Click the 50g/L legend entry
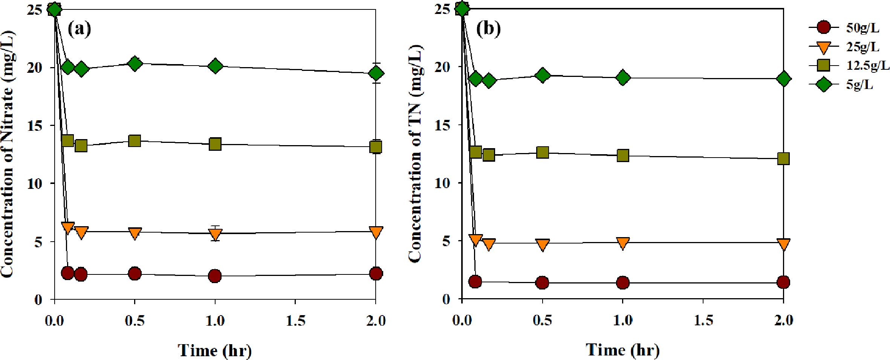coord(848,28)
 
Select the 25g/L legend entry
coord(848,47)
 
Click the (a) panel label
coord(79,29)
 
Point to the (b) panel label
coord(488,29)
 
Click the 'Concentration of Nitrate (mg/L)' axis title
coord(8,155)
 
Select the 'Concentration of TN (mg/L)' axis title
coord(415,155)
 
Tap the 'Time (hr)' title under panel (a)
coord(215,351)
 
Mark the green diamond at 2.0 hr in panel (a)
coord(376,73)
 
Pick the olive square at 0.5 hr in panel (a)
coord(135,141)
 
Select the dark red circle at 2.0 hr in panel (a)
coord(376,274)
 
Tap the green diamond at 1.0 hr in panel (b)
coord(623,78)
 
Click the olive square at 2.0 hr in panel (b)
coord(783,158)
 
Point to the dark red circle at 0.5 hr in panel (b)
coord(542,282)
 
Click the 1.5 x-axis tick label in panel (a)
coord(295,321)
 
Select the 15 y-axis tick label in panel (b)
coord(442,125)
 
